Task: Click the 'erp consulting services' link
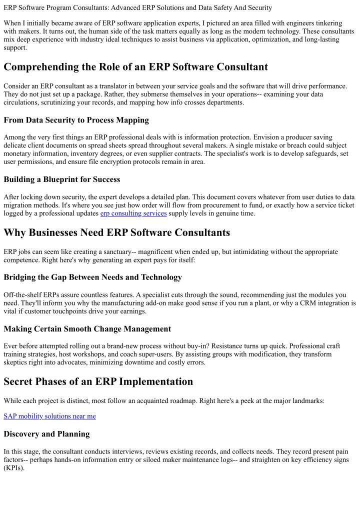point(133,213)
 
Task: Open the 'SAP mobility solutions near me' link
point(49,416)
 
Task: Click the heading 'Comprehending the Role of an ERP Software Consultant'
point(135,67)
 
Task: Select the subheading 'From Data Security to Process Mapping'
point(75,120)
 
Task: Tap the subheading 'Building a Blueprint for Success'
point(62,179)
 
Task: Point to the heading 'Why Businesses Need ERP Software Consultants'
point(116,232)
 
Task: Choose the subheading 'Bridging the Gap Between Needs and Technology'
point(92,277)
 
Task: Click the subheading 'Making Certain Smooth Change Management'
point(87,329)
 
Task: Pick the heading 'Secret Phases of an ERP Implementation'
point(98,381)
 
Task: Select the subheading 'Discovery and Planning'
point(46,434)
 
